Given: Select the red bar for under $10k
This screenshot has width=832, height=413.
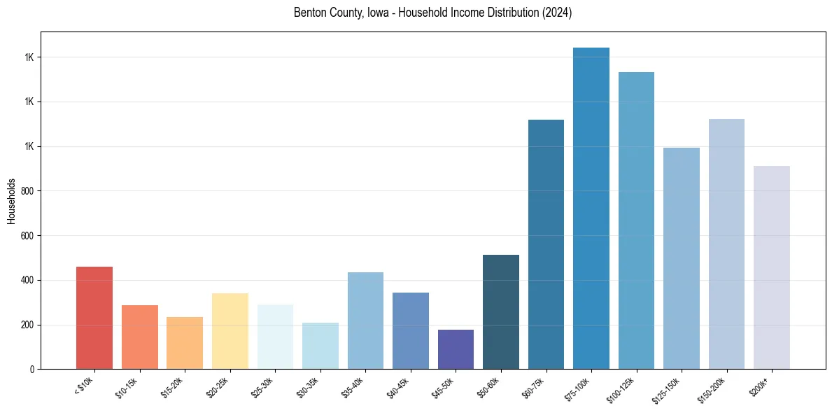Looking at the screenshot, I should (x=94, y=318).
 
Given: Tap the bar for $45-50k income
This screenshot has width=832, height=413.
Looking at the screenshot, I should (x=456, y=349).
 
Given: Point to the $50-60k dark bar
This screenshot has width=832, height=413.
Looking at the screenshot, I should (x=500, y=312).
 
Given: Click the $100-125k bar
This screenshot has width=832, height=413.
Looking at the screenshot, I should (x=636, y=220).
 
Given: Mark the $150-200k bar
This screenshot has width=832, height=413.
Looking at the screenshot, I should (x=726, y=244).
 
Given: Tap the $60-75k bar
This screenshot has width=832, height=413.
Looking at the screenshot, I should (x=546, y=244).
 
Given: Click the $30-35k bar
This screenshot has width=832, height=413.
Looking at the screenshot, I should (x=320, y=346).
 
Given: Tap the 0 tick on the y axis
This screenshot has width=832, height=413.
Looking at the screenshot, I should (x=31, y=370).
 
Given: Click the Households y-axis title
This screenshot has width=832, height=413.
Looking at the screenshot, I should (x=11, y=201).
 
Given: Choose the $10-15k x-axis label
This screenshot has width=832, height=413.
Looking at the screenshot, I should (x=127, y=388).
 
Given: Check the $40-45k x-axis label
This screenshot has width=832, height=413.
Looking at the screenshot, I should (x=397, y=388).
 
